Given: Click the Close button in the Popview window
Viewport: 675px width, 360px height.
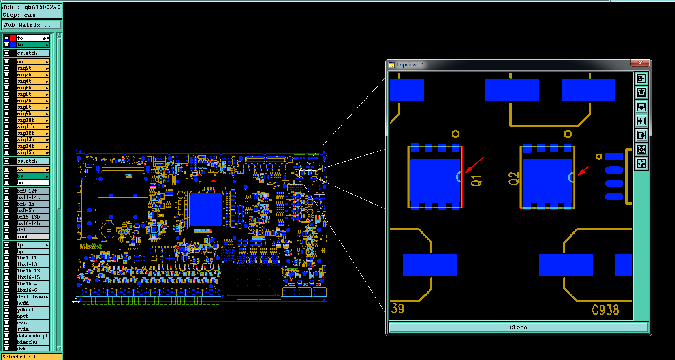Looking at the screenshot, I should pos(518,327).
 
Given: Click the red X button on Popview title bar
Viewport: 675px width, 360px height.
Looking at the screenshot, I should pos(640,63).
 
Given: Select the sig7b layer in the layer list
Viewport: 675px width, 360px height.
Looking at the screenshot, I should pos(32,101).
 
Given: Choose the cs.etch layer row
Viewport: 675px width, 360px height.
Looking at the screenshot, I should pos(32,53).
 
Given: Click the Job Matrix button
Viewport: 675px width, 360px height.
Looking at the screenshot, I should pos(31,25).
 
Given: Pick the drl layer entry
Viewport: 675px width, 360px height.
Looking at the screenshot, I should pos(32,230).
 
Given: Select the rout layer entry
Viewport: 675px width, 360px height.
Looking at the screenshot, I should pos(32,236).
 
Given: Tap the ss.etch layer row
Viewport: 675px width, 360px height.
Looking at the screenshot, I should pos(32,161).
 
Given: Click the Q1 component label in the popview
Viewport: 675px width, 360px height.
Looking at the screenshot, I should pos(476,181).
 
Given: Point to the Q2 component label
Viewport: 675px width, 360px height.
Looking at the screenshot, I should pos(513,178).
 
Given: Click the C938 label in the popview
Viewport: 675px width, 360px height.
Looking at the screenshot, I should pos(605,310).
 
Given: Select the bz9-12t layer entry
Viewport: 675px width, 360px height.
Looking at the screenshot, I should pos(32,191).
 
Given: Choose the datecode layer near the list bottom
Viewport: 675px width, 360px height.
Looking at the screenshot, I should pos(32,336).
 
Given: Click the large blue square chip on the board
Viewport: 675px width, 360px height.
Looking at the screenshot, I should pos(206,210).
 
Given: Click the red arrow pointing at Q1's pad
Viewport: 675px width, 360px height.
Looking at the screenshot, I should pos(474,165).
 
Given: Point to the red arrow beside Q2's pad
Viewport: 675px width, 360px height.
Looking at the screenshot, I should pos(583,171).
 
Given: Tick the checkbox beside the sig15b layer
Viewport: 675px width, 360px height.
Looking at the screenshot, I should pos(6,152).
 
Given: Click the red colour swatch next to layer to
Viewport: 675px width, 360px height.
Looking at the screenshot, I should pos(13,38).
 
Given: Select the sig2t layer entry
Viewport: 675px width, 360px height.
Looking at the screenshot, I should pos(32,68).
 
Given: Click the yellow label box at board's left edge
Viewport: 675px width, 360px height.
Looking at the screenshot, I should pos(91,246).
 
